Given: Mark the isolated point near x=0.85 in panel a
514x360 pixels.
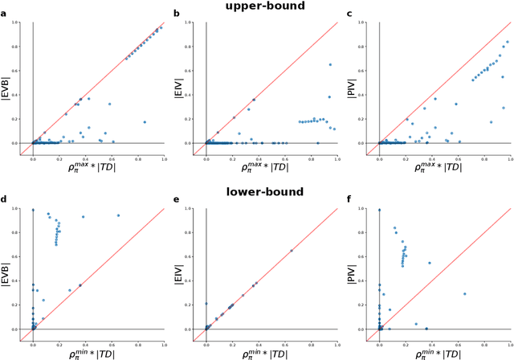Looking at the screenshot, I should point(145,122).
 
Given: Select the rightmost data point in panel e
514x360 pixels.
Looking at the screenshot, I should point(292,250).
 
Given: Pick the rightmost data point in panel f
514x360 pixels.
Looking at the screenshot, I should point(464,293).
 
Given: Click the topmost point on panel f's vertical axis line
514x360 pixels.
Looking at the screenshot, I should point(380,210).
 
